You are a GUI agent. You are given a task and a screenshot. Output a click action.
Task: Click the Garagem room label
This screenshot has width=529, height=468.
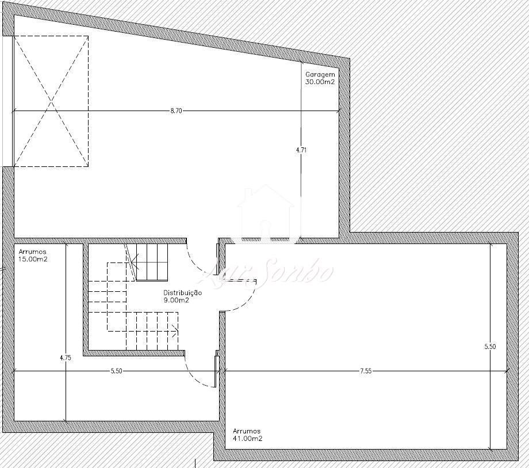(320, 74)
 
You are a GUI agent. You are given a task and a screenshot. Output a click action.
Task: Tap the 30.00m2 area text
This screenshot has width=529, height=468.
(320, 82)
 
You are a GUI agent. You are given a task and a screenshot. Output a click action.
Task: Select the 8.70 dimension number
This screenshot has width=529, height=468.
(176, 111)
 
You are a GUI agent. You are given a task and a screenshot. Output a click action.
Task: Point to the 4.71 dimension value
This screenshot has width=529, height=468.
(301, 150)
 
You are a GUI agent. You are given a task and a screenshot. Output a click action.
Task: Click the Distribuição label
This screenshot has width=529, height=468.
(182, 293)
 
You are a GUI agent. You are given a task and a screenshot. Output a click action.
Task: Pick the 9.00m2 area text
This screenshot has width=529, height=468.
(176, 300)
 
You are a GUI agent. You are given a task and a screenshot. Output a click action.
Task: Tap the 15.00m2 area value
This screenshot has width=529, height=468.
(33, 259)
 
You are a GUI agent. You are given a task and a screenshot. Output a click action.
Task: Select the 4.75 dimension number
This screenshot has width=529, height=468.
(66, 358)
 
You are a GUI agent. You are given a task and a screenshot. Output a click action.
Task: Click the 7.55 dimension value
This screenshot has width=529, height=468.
(365, 371)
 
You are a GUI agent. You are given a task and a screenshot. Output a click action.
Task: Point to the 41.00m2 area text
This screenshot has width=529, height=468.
(248, 439)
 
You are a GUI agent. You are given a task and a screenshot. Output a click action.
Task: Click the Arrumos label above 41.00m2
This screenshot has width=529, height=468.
(247, 431)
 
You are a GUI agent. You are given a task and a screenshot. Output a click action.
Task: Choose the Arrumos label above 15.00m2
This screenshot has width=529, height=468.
(32, 252)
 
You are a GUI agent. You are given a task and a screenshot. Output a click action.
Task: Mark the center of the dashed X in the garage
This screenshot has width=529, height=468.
(51, 101)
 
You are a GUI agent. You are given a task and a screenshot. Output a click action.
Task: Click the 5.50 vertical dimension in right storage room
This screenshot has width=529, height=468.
(490, 347)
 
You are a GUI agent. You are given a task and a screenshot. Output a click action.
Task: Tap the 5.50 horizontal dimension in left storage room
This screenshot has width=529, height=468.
(116, 371)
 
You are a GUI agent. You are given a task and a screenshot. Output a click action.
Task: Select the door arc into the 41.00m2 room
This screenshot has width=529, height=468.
(247, 300)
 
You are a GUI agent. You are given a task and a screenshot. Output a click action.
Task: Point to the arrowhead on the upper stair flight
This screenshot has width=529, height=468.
(134, 261)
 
